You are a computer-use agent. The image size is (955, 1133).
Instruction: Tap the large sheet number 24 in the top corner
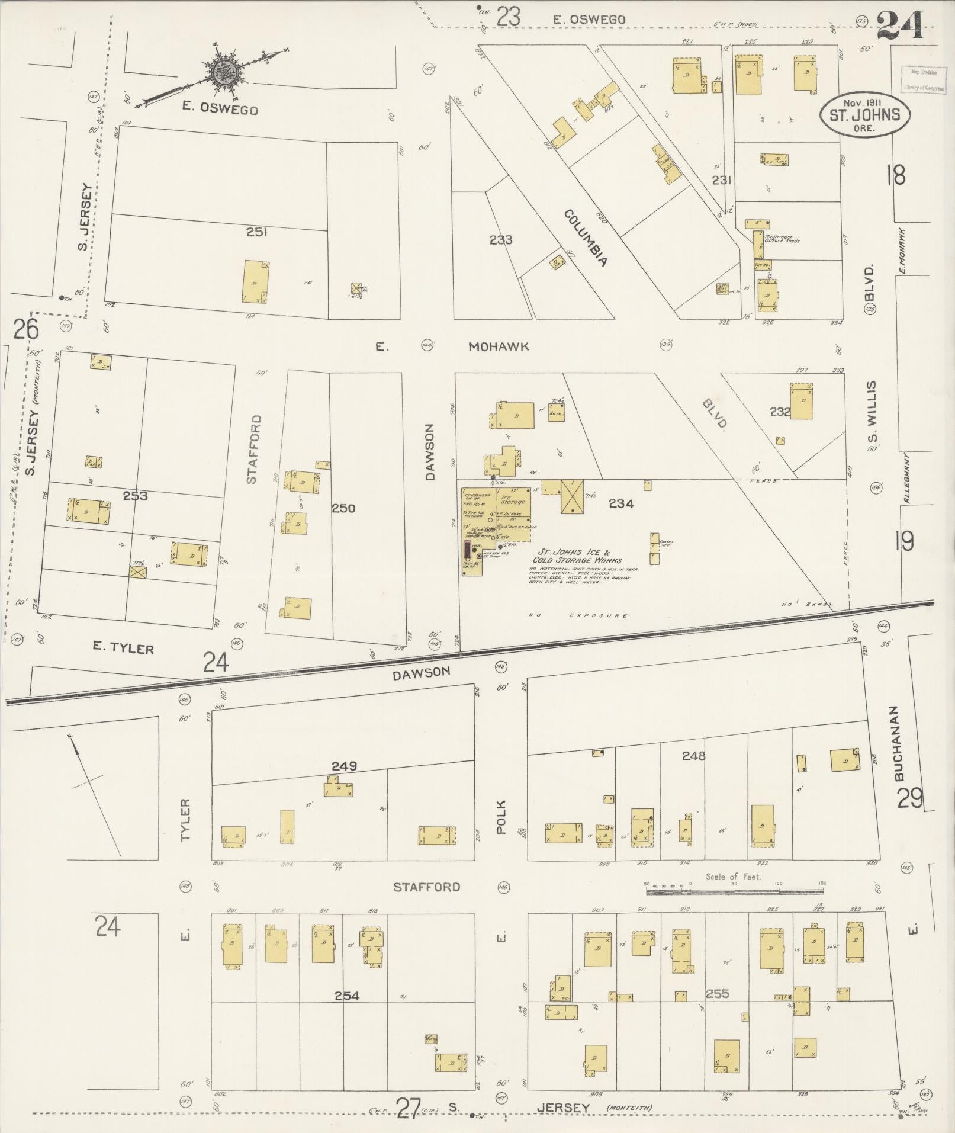[901, 25]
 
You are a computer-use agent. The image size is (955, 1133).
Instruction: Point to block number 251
[256, 232]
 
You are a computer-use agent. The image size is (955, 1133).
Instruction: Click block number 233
[501, 240]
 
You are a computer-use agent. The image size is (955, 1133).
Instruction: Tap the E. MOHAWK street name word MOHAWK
[498, 347]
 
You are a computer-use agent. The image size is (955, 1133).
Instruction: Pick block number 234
[621, 504]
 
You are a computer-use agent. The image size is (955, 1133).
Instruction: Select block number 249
[344, 766]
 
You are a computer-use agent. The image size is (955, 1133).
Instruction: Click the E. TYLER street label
[123, 649]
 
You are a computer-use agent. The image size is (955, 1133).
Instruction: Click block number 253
[135, 496]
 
